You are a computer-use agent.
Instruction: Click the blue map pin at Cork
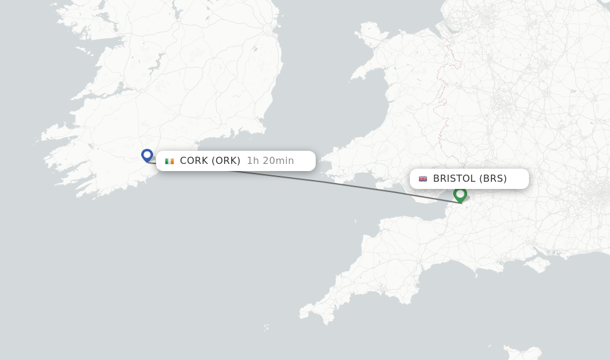147,155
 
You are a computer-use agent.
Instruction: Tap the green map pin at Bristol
460,194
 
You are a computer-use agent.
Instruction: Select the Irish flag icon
170,161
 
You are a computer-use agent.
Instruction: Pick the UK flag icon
423,179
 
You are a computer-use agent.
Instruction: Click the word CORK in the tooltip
194,161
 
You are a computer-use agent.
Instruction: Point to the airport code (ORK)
226,161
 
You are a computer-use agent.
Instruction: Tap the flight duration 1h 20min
270,161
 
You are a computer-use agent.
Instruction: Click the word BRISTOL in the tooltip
455,179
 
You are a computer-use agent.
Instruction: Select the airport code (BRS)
493,179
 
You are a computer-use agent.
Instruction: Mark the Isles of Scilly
266,327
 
